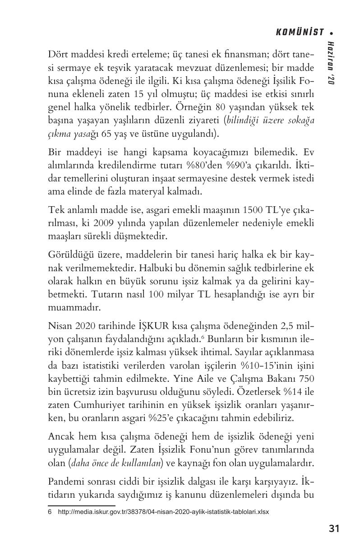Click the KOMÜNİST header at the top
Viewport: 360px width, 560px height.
[300, 32]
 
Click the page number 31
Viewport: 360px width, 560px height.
[334, 528]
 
